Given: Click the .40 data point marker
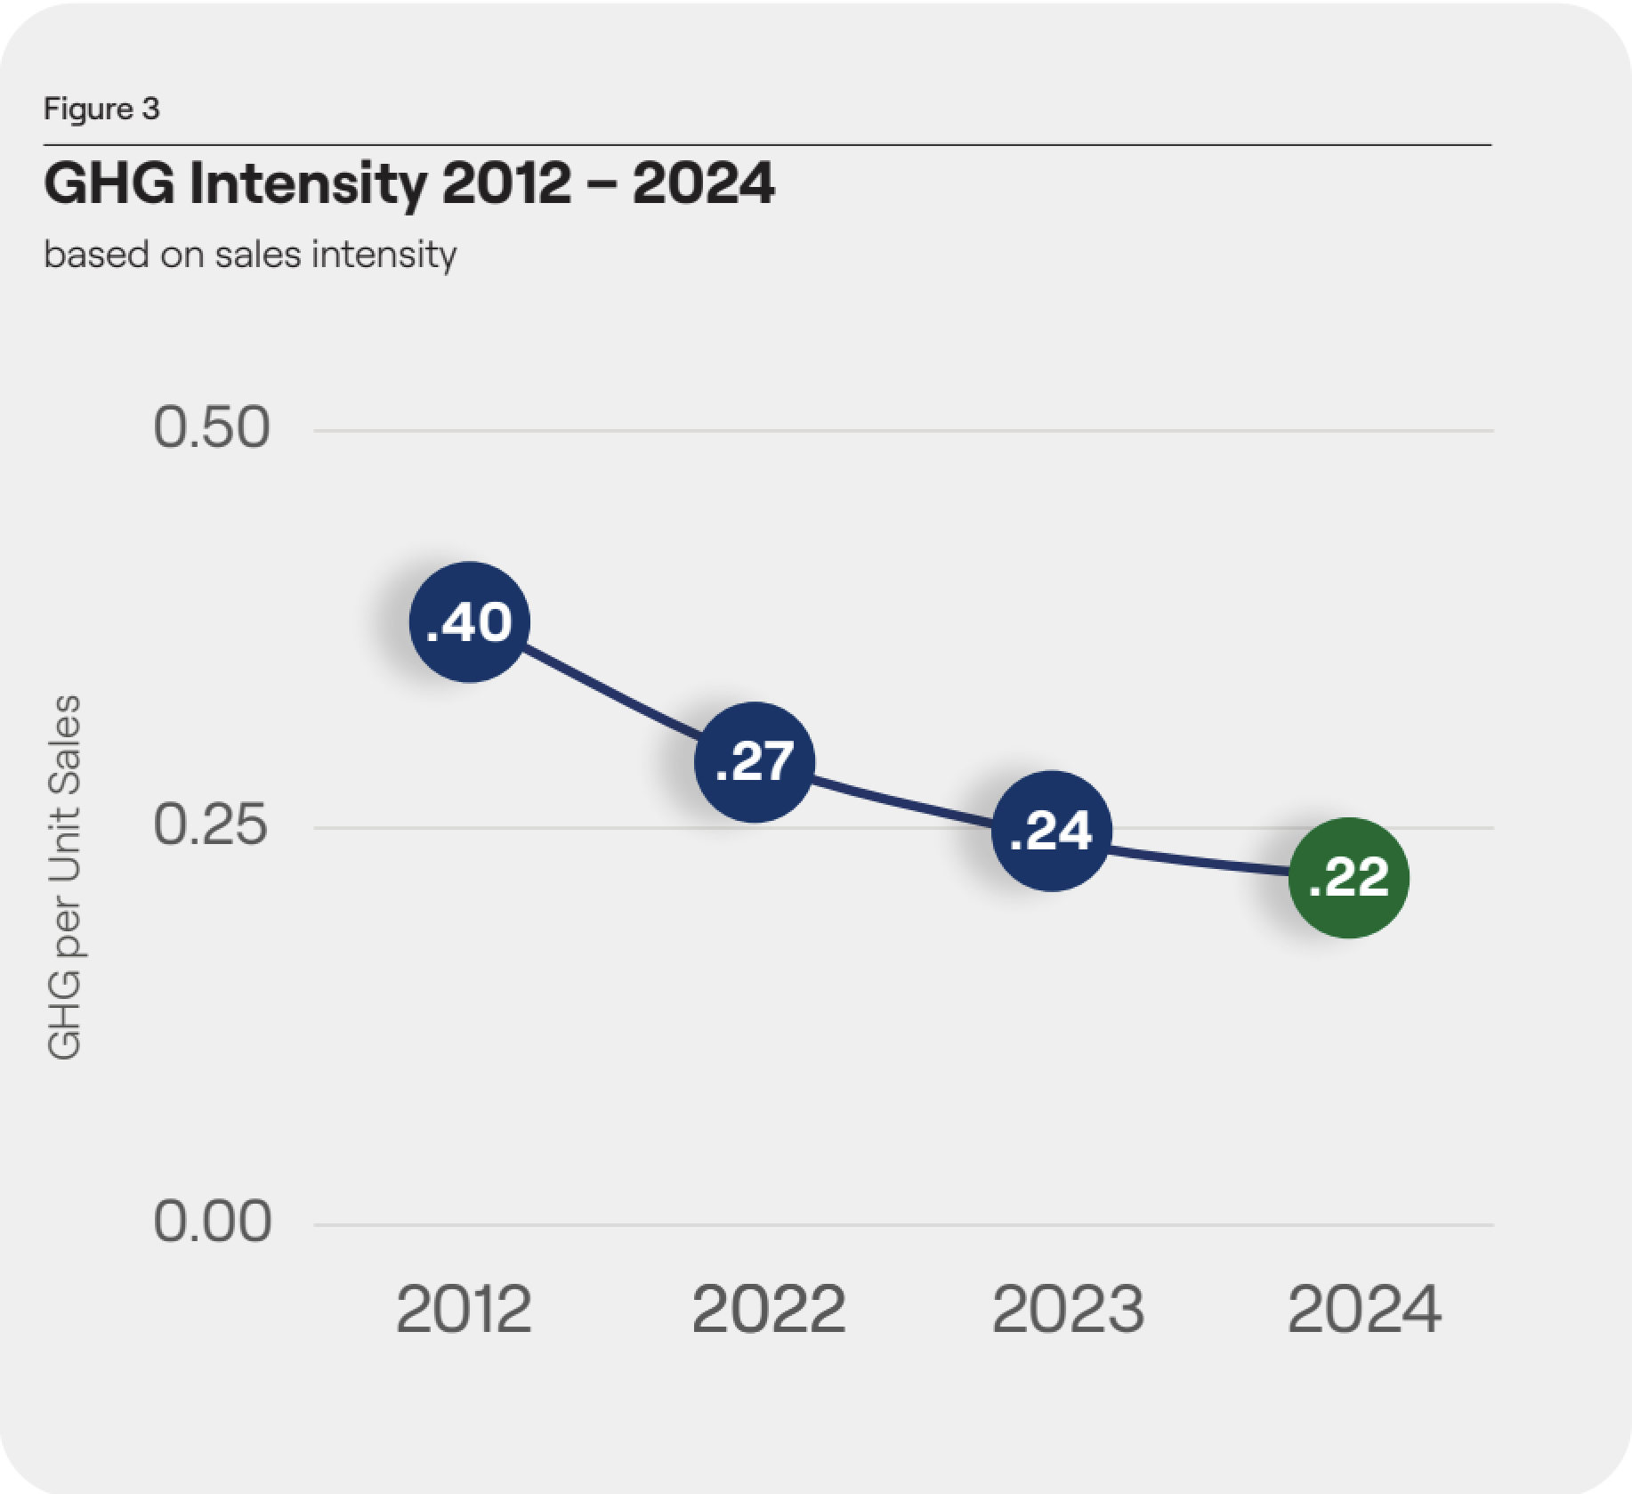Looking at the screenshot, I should tap(469, 621).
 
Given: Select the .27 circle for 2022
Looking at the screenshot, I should tap(754, 761).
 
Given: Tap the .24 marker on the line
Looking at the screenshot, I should tap(1051, 831).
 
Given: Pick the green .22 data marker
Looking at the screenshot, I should tap(1348, 878).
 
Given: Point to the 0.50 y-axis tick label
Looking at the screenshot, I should tap(212, 427).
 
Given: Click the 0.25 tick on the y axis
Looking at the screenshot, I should tap(211, 824).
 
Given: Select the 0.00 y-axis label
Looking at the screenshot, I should tap(213, 1221).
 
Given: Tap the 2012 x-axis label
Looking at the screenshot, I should tap(464, 1310).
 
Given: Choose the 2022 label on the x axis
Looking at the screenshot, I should tap(768, 1310).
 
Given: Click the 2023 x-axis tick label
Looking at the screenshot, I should tap(1067, 1310).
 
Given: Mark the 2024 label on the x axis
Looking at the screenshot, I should tap(1363, 1310).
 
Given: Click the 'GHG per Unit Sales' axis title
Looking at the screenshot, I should tap(63, 877).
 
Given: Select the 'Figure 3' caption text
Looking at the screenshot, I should tap(101, 109).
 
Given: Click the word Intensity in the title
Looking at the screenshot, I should tap(308, 183).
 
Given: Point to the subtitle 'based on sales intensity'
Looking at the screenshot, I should tap(250, 255).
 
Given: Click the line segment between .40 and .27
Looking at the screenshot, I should tap(611, 692).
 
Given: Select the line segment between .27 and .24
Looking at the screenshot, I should tap(902, 797).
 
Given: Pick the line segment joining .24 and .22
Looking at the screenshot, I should tap(1200, 859).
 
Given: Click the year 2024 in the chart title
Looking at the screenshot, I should tap(703, 183).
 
